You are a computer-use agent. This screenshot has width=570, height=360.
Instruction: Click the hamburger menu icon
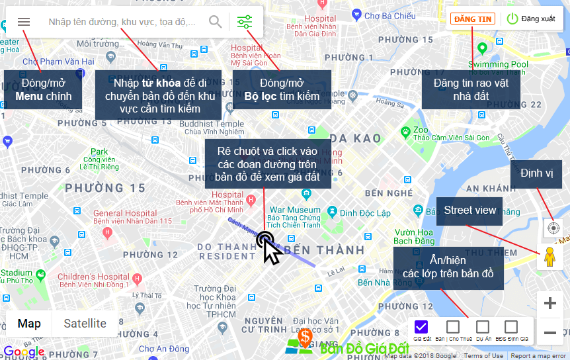[24, 22]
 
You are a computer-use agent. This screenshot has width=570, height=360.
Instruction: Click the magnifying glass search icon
[216, 22]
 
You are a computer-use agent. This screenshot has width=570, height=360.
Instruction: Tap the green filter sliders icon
[245, 22]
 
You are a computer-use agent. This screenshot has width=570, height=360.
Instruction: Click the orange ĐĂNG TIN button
[472, 19]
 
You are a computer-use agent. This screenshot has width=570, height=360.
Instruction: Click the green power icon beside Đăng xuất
[512, 19]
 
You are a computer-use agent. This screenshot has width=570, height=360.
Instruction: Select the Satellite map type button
[85, 324]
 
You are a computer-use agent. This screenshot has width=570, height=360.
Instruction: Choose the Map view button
[29, 324]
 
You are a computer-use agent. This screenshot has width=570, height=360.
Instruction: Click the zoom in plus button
[550, 304]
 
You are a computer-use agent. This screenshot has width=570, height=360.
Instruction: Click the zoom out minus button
[550, 332]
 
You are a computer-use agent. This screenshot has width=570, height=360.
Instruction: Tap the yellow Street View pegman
[550, 257]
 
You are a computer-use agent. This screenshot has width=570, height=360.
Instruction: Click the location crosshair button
[552, 228]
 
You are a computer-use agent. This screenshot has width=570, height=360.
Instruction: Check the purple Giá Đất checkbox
[422, 326]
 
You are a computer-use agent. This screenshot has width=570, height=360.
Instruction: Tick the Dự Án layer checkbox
[483, 326]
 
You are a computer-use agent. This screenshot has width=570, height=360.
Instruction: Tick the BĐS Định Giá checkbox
[511, 326]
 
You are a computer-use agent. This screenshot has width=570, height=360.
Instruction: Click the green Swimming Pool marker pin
[482, 48]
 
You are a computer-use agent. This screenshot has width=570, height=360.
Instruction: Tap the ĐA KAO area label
[356, 138]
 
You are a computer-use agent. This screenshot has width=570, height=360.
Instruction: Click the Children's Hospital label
[93, 277]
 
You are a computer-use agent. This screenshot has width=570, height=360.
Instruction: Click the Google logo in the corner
[24, 351]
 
